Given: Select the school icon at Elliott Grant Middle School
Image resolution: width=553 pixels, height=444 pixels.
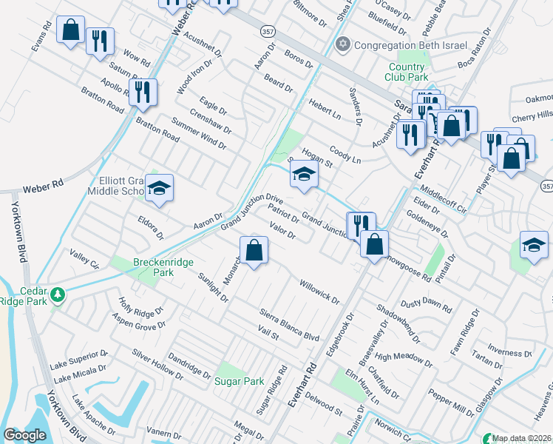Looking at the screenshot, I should (x=159, y=189).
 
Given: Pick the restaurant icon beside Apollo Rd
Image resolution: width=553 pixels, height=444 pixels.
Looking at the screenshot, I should (x=143, y=92).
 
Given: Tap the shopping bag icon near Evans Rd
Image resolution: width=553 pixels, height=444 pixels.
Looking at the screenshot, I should (x=71, y=30).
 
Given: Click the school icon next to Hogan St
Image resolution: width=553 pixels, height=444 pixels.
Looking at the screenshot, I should (x=304, y=175).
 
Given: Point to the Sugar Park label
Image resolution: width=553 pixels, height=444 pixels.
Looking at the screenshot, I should (x=239, y=382).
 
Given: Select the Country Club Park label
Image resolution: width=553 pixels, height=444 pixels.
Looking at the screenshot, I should (x=407, y=72).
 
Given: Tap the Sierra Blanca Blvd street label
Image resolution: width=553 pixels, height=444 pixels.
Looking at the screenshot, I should (x=289, y=324).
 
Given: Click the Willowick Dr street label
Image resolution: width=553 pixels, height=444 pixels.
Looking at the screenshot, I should (x=319, y=292).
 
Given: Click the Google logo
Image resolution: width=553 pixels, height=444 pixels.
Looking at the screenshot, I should (x=25, y=435).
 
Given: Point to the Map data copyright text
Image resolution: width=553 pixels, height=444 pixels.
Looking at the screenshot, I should (x=522, y=438).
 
